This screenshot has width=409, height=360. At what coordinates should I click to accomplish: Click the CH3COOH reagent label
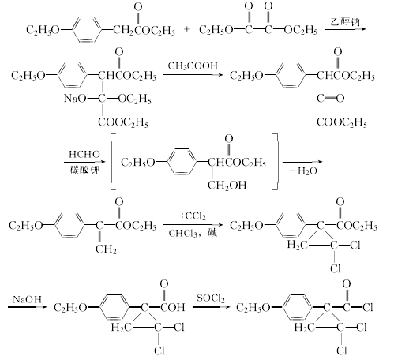(193, 66)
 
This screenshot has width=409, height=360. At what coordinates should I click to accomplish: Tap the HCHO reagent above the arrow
(84, 154)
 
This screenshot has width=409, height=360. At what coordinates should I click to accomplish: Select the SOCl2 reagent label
(211, 298)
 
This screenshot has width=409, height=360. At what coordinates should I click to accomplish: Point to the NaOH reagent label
(28, 299)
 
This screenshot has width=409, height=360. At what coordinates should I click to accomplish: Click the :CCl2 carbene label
(193, 216)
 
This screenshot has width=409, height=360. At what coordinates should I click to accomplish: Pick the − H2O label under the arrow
(303, 171)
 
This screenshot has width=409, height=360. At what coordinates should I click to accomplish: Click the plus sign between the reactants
(187, 29)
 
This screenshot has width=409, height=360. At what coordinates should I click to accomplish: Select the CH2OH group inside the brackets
(227, 186)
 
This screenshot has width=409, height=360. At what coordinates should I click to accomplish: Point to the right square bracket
(276, 162)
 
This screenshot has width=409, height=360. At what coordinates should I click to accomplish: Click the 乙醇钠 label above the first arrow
(345, 21)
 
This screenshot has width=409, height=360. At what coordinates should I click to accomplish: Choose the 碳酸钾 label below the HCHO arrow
(85, 170)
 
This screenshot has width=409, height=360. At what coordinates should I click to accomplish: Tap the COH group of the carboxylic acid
(173, 307)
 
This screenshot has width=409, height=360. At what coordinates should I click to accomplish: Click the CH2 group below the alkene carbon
(106, 249)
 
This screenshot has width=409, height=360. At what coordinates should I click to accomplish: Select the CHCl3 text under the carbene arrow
(183, 233)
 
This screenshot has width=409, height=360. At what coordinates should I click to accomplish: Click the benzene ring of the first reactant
(87, 30)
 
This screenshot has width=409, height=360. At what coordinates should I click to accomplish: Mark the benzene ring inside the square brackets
(182, 162)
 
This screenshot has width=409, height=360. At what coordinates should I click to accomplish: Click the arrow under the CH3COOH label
(193, 75)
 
